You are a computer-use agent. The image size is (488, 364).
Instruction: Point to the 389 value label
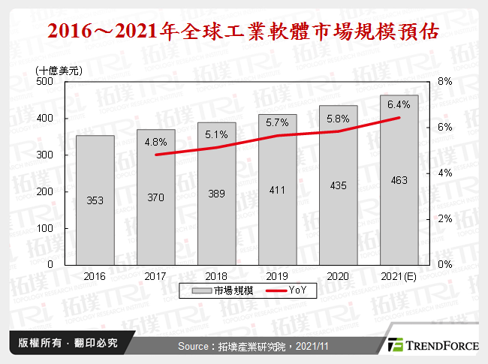[216, 193]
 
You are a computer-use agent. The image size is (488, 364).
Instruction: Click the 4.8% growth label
[155, 141]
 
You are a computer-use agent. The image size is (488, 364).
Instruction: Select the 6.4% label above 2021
[399, 104]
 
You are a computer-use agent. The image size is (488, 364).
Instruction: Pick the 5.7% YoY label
[278, 122]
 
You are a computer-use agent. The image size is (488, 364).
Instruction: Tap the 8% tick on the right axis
[444, 82]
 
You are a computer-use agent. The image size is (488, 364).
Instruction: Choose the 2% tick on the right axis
[444, 219]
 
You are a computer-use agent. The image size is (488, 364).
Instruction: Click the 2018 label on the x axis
[216, 276]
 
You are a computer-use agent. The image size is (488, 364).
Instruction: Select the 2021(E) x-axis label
[399, 276]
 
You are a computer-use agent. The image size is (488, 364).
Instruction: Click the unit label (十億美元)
[59, 70]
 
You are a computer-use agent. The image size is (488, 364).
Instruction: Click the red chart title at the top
[243, 33]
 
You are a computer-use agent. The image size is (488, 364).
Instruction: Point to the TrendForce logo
[433, 345]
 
